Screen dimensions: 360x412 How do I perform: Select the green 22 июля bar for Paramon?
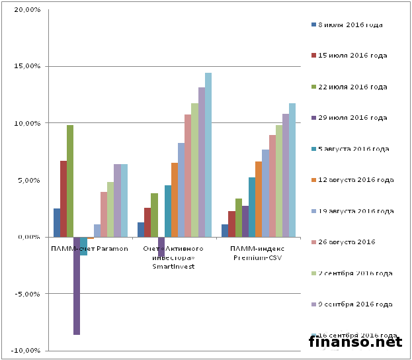pos(70,181)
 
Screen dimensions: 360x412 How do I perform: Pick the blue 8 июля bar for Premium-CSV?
pos(225,231)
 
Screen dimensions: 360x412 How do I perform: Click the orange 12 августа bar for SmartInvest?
pos(175,200)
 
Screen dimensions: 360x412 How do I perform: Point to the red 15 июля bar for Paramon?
pos(63,199)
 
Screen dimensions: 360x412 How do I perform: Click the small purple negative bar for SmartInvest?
pos(161,247)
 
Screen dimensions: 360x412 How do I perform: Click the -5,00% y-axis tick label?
pos(25,294)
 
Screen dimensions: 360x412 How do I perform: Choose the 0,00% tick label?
pos(28,237)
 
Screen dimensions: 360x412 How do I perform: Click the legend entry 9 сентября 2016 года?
pos(355,304)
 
